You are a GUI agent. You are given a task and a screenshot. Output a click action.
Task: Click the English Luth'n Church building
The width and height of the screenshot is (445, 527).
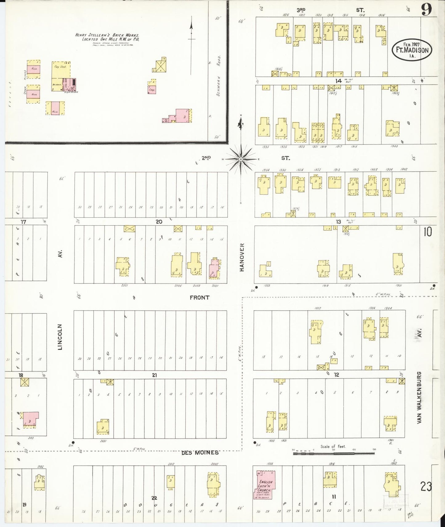(x=264, y=485)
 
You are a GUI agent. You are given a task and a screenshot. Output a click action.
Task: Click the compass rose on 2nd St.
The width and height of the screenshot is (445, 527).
(x=241, y=159)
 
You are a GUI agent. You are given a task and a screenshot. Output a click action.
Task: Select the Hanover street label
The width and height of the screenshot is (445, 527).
(x=242, y=257)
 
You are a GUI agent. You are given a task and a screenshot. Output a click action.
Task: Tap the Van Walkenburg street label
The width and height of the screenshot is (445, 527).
(x=419, y=398)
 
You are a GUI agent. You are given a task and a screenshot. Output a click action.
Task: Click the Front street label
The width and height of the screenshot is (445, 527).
(x=200, y=297)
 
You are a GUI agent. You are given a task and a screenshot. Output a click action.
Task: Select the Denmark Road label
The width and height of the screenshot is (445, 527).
(x=218, y=76)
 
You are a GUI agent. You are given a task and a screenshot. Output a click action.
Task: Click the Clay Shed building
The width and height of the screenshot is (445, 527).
(x=61, y=72)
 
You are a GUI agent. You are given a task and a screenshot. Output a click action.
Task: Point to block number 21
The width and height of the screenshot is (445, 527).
(x=154, y=375)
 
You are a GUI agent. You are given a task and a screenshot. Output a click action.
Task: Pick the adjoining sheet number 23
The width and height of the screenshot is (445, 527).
(x=426, y=487)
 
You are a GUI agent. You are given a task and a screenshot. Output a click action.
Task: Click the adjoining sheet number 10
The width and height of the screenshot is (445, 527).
(x=427, y=232)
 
